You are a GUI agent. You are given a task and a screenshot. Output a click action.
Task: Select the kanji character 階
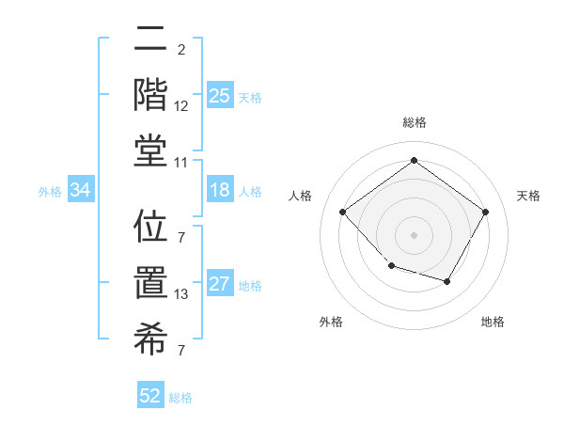pos(150,94)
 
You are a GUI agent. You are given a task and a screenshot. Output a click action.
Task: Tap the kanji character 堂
pos(150,151)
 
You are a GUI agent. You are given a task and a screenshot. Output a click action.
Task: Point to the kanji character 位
pos(150,227)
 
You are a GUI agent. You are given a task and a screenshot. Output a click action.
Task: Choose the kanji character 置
pos(150,283)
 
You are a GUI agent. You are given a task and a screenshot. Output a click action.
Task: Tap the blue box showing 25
pos(220,95)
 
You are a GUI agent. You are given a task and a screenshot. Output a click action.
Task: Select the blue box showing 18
pos(220,190)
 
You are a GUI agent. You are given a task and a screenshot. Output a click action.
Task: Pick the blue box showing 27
pos(220,285)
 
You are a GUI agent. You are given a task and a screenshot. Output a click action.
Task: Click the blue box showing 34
pos(81,190)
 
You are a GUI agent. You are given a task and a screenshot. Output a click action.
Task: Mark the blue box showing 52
pos(150,396)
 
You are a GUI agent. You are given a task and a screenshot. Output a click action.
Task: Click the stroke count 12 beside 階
pos(181,106)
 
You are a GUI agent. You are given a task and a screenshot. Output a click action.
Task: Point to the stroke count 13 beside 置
pos(181,295)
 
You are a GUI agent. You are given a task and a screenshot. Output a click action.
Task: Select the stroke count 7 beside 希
pos(181,352)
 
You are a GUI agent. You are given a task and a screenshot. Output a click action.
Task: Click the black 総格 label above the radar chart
pos(414,122)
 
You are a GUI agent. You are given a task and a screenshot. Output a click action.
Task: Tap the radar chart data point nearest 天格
pos(485,213)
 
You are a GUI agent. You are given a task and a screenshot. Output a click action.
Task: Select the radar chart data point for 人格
pos(343,213)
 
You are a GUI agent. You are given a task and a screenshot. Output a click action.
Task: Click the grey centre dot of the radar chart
pos(414,234)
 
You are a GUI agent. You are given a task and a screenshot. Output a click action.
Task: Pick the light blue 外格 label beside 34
pos(50,191)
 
